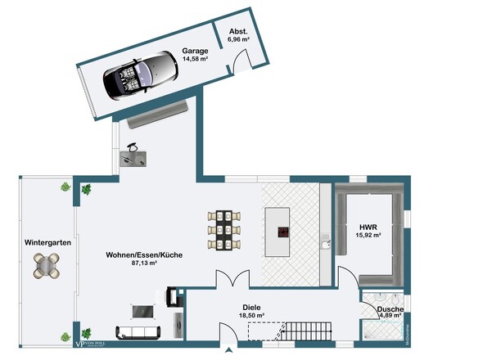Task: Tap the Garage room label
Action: click(x=194, y=51)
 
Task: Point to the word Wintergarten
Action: click(x=47, y=243)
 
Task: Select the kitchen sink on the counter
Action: click(x=326, y=240)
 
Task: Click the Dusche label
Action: click(x=390, y=308)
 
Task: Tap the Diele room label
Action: click(x=251, y=307)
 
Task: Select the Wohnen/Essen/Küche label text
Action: click(x=143, y=255)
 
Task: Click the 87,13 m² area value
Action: click(x=143, y=264)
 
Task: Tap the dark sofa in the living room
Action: click(x=139, y=332)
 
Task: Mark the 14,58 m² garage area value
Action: click(x=194, y=59)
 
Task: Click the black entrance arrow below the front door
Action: click(x=228, y=352)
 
